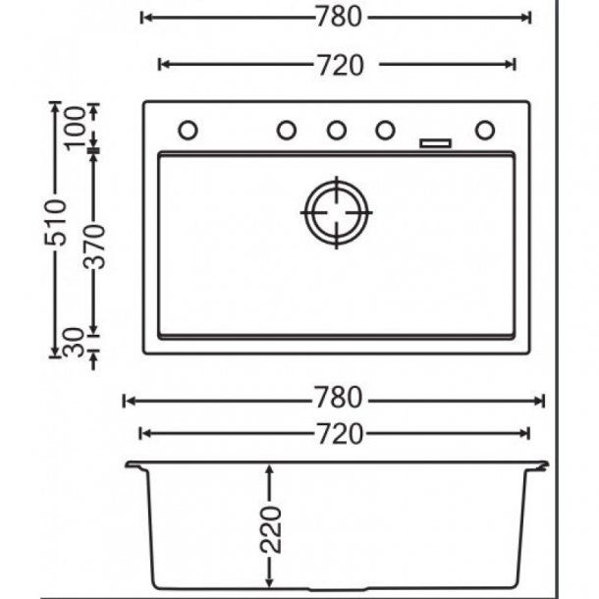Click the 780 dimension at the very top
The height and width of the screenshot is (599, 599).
(339, 18)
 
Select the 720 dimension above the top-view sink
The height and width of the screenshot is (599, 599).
(339, 65)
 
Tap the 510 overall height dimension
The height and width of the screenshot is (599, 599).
(58, 223)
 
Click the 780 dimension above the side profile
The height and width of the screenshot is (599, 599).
(339, 399)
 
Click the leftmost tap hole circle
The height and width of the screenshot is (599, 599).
(188, 130)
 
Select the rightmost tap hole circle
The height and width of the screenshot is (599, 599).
(485, 130)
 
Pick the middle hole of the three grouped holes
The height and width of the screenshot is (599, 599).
(336, 130)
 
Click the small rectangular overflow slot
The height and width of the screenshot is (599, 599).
(435, 143)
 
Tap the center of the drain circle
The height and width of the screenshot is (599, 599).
(337, 211)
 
